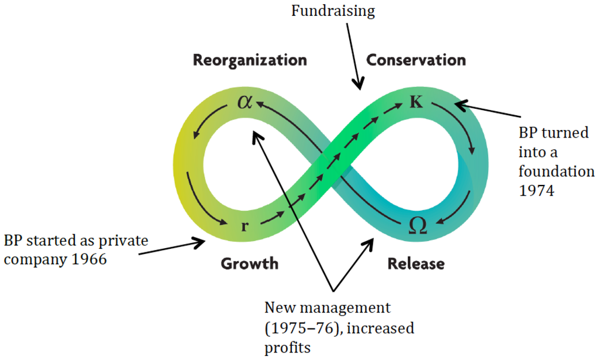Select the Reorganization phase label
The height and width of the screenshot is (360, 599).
(250, 60)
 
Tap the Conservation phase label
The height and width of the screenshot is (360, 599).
(416, 60)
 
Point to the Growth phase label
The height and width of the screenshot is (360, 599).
(249, 264)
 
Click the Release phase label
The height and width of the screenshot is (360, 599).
(415, 264)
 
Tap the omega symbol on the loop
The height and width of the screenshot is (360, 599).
(418, 226)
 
